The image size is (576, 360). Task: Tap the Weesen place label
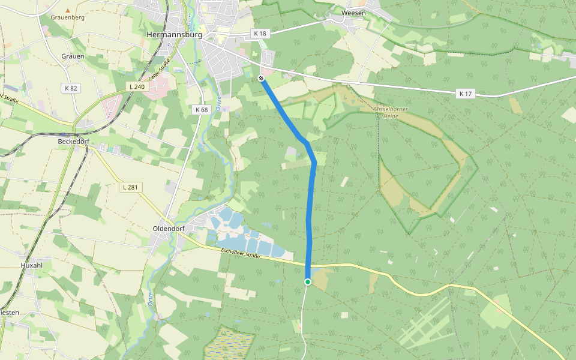click(x=353, y=13)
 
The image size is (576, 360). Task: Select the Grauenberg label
click(x=68, y=17)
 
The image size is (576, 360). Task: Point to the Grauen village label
click(x=73, y=56)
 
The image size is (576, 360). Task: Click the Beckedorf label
click(x=74, y=141)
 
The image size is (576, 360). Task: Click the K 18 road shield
click(x=260, y=34)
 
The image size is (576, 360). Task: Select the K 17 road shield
click(x=466, y=94)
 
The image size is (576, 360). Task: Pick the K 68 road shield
click(x=202, y=110)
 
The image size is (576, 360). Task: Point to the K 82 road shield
click(x=71, y=88)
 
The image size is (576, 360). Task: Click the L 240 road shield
click(x=137, y=87)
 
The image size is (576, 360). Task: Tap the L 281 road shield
click(x=130, y=187)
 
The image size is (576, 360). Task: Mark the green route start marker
click(x=308, y=282)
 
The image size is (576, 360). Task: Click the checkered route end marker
click(x=261, y=78)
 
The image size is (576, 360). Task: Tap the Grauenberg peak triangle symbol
click(x=68, y=10)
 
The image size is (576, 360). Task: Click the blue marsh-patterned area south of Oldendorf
click(x=226, y=344)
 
